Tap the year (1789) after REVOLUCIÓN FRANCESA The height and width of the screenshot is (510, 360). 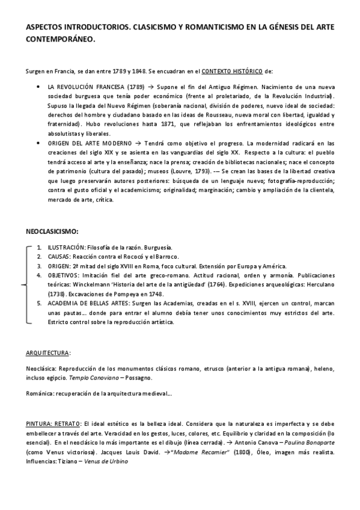point(117,87)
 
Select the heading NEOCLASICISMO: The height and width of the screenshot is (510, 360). point(52,230)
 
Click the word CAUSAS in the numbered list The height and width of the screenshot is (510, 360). point(59,256)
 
